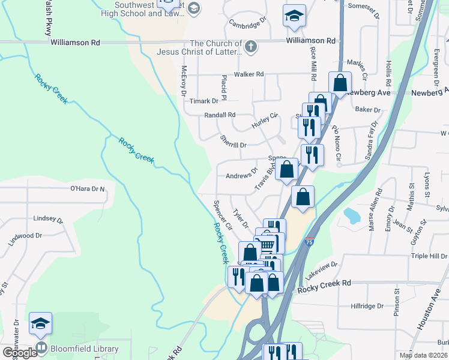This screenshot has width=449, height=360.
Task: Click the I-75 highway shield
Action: (309, 242)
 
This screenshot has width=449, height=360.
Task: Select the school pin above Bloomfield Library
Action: (40, 324)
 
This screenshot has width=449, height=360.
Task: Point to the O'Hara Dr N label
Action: (88, 189)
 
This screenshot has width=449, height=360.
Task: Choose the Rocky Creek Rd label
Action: (324, 282)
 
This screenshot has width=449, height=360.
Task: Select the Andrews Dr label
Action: (241, 176)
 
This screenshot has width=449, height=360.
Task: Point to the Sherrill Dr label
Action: (234, 145)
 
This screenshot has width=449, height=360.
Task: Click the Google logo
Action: (19, 353)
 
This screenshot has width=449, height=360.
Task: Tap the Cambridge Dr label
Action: (247, 23)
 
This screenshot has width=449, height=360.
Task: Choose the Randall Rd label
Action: (220, 115)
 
